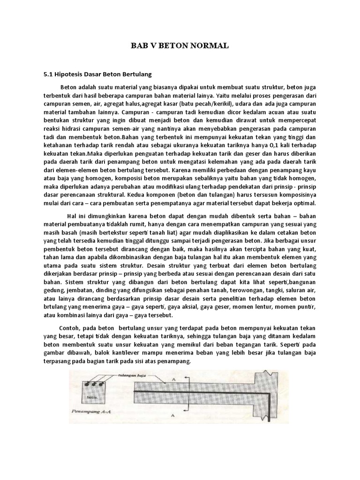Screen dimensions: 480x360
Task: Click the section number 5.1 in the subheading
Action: point(49,74)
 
